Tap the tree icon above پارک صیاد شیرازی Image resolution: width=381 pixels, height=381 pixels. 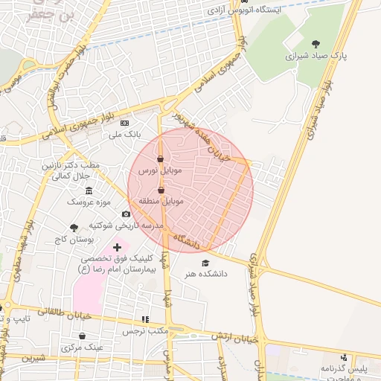(316, 45)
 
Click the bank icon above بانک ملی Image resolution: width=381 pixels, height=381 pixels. (124, 123)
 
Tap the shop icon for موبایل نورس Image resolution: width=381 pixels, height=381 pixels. (161, 159)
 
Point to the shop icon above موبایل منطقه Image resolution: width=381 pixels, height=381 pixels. (161, 190)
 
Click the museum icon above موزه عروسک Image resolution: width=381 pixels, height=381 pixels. (89, 190)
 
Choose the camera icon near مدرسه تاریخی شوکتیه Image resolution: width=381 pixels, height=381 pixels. (126, 214)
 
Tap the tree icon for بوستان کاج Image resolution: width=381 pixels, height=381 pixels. (74, 228)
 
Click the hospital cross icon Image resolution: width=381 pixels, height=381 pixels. (117, 246)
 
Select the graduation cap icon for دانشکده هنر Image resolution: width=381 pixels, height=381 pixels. (205, 263)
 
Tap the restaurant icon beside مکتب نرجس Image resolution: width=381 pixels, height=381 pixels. (146, 319)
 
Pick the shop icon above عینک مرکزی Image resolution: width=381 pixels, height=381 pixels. (83, 336)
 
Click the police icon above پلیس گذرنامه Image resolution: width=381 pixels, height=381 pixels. (344, 358)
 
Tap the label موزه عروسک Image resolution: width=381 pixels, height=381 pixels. (89, 202)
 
